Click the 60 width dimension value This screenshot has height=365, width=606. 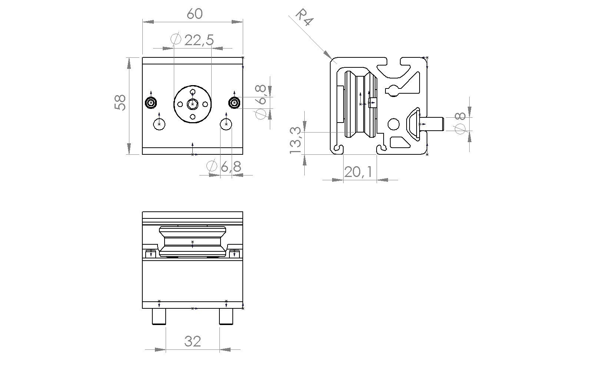195,14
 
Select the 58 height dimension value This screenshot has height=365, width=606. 120,103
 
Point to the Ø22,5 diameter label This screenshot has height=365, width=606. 193,40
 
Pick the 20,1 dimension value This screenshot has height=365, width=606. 358,172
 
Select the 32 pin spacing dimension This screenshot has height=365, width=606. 193,342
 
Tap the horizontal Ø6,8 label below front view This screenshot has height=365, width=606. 223,167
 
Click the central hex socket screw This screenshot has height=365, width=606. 192,104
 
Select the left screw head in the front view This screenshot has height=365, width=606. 151,103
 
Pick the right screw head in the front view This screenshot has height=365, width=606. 234,103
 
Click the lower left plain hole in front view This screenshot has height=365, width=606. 159,124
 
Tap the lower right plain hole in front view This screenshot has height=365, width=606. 226,124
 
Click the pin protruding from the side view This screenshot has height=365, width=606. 432,124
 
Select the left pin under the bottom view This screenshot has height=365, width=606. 159,317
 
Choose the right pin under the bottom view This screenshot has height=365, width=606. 226,317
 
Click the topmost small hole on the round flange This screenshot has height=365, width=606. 192,91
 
